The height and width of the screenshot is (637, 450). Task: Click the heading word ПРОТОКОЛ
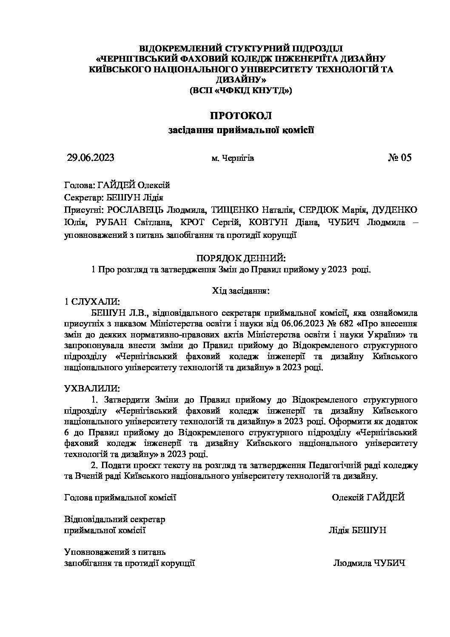(x=241, y=115)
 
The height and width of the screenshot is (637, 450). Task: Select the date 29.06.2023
(x=91, y=158)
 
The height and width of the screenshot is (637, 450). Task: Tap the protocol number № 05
(x=400, y=158)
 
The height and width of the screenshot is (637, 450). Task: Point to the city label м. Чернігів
(x=233, y=159)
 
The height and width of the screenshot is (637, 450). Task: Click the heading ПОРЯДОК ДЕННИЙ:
(x=241, y=258)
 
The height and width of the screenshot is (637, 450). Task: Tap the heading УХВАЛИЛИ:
(x=92, y=388)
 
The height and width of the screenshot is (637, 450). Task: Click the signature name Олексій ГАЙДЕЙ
(x=368, y=497)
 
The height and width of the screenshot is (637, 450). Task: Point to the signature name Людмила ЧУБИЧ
(x=369, y=563)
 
